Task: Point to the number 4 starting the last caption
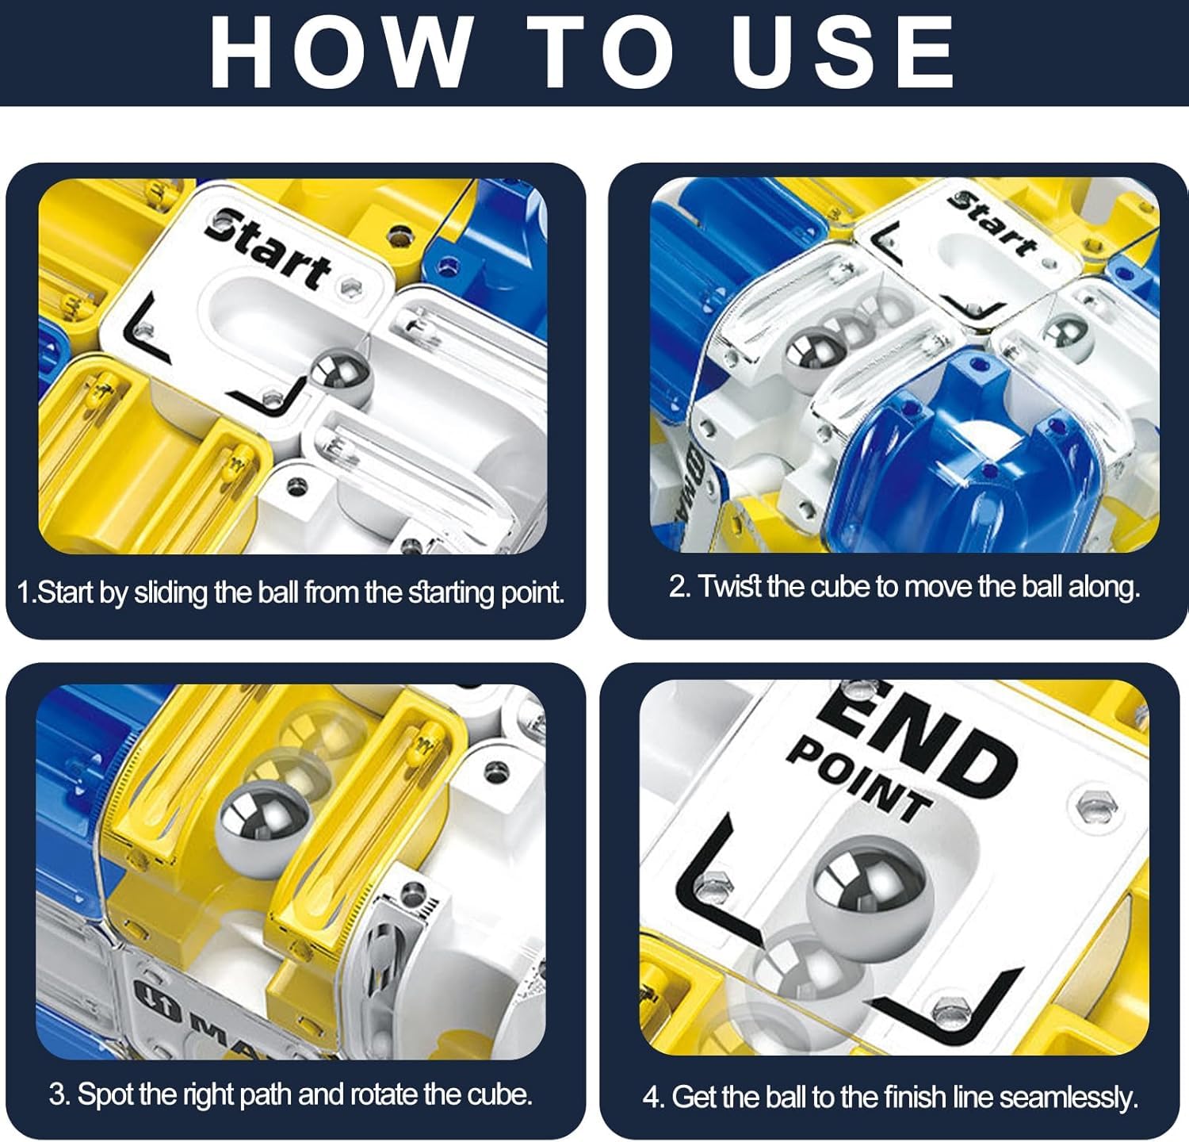(x=653, y=1098)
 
